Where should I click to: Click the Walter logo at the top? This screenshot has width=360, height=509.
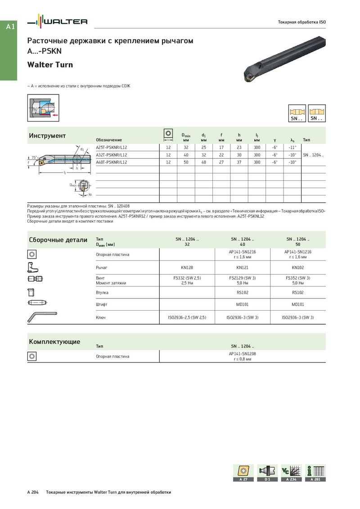[x=57, y=21]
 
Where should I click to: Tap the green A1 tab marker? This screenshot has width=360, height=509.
[x=10, y=27]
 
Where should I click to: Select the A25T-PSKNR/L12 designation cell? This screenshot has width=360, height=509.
[x=112, y=147]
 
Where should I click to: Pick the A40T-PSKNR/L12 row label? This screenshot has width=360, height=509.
[x=112, y=162]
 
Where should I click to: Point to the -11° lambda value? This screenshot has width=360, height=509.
[x=292, y=147]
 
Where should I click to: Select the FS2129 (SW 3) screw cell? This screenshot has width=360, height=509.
[x=243, y=278]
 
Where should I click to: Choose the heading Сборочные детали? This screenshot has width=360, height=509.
[x=58, y=240]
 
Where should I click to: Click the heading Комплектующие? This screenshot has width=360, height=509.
[x=54, y=342]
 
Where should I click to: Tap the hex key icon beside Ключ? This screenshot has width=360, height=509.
[x=41, y=316]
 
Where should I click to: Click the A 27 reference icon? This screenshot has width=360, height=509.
[x=243, y=473]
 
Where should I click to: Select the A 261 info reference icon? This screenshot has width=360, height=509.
[x=315, y=473]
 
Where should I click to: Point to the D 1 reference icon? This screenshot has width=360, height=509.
[x=267, y=473]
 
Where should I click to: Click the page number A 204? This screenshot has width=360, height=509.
[x=33, y=492]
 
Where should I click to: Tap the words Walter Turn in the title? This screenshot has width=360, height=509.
[x=50, y=65]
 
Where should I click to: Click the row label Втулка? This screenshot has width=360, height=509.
[x=102, y=293]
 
